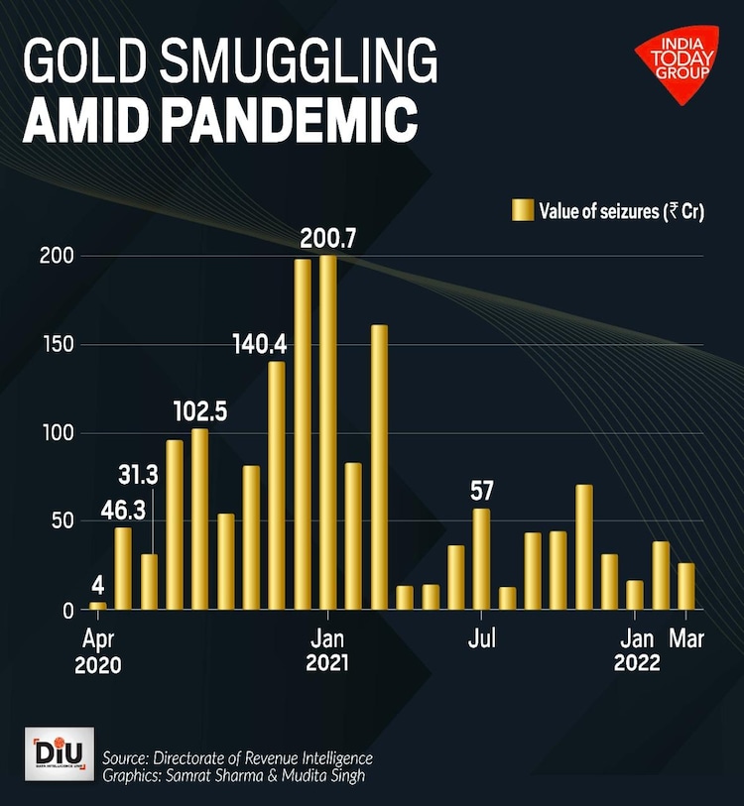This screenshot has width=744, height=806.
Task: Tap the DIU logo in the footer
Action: pos(62,751)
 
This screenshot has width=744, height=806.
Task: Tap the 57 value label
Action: pos(482,491)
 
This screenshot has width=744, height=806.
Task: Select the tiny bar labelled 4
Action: pos(97,605)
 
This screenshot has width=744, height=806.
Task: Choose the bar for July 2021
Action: pos(482,558)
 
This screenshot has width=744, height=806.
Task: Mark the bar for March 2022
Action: pos(686,586)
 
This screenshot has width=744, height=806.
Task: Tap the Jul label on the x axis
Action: pos(482,638)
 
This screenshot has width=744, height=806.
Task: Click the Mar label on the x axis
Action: pos(686,638)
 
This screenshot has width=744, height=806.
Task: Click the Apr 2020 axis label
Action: pos(97,651)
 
